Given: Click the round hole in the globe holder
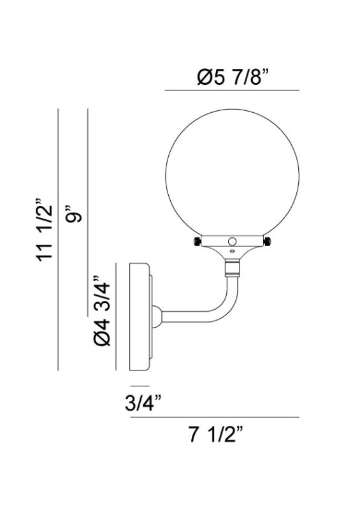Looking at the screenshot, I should pyautogui.click(x=233, y=242).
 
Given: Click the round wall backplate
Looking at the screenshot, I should pyautogui.click(x=140, y=315).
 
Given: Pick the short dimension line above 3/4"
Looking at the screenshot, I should pyautogui.click(x=140, y=386).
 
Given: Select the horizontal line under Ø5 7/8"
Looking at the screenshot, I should pyautogui.click(x=232, y=91).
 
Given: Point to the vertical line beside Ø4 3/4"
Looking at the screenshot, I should pyautogui.click(x=115, y=315).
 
